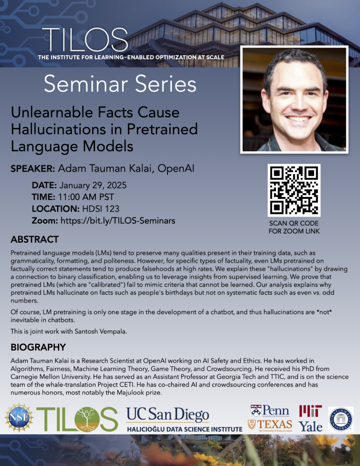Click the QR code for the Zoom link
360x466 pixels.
tap(294, 190)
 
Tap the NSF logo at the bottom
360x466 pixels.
tap(19, 417)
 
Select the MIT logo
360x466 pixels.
tap(310, 411)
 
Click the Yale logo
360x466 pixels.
tap(310, 426)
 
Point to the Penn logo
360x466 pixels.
tap(270, 411)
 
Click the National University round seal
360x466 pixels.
tap(341, 419)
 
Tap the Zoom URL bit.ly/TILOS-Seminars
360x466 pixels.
tap(118, 221)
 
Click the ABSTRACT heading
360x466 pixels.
tap(35, 239)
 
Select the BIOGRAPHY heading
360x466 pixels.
tap(38, 347)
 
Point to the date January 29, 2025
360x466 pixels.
tap(93, 186)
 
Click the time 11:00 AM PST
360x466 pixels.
tap(86, 197)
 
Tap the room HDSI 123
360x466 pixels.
tap(99, 209)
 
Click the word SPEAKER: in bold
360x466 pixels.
tap(33, 168)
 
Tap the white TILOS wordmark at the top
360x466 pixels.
tap(85, 40)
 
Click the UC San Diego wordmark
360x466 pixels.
tap(167, 414)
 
